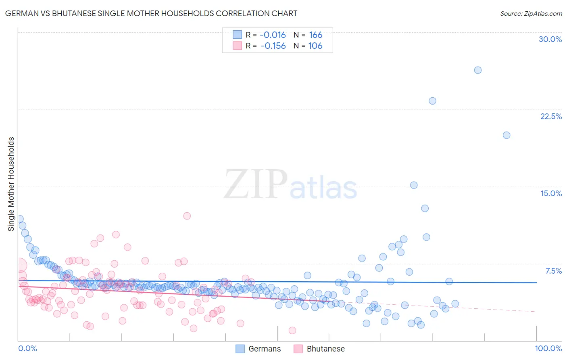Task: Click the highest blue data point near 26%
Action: (x=478, y=70)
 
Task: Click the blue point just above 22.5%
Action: (x=432, y=101)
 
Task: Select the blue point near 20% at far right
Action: (x=507, y=135)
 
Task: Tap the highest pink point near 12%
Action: (x=187, y=216)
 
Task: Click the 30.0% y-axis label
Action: (x=550, y=39)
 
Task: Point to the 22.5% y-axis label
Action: (x=551, y=116)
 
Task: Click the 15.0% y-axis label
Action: (x=551, y=193)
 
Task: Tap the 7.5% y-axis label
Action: (x=553, y=271)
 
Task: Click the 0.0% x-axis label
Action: (x=27, y=349)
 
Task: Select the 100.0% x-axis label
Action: (x=548, y=349)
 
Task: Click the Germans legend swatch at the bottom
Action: (x=240, y=349)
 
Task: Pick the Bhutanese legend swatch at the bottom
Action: (x=298, y=349)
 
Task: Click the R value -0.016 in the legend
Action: (x=273, y=35)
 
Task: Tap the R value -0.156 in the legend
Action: (x=273, y=46)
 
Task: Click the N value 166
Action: (x=315, y=35)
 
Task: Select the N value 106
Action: (x=315, y=46)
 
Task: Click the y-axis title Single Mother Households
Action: (x=11, y=184)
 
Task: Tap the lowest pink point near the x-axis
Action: (x=292, y=331)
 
